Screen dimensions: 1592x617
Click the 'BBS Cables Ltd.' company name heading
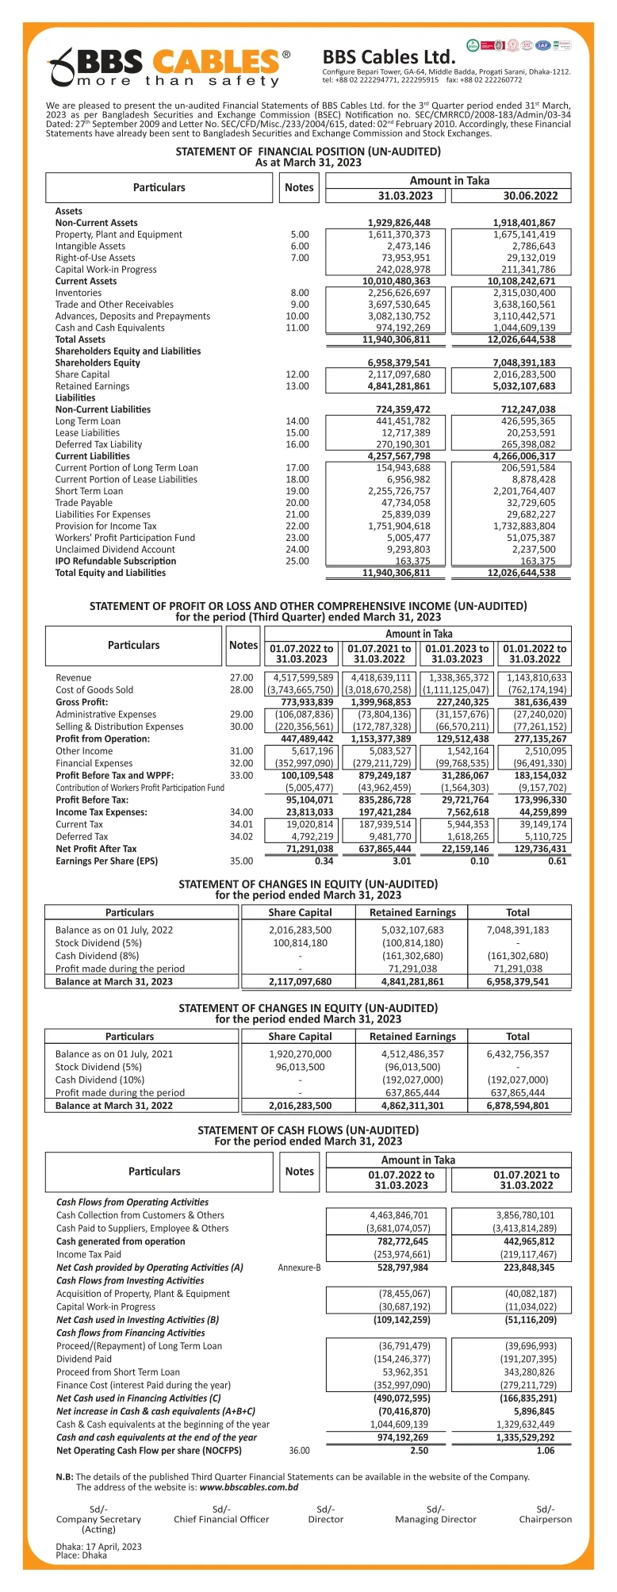389,57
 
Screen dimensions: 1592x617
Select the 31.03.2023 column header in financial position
405,196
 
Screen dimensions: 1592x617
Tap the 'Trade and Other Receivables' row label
114,305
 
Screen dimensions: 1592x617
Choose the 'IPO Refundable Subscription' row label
116,561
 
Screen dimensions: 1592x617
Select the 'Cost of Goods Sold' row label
94,690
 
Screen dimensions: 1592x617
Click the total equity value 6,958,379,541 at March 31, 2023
518,981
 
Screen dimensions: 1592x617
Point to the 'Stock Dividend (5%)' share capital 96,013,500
300,1067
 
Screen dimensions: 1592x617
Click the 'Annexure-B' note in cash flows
299,1268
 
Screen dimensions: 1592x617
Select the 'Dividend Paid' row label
84,1359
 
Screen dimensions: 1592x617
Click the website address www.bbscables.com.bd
249,1487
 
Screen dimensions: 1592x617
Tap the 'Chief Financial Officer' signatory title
221,1519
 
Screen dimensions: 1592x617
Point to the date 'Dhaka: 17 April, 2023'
99,1546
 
